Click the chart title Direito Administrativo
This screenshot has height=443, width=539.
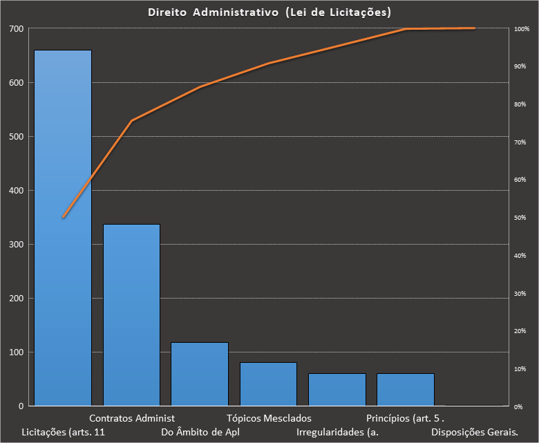pos(269,12)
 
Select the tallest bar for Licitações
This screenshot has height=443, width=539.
pos(63,228)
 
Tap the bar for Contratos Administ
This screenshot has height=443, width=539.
pos(131,314)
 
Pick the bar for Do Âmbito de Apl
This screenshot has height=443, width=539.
pos(200,374)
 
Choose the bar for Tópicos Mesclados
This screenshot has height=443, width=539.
pos(268,384)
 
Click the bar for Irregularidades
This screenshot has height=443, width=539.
pos(337,389)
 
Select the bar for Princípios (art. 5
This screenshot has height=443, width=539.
pos(405,389)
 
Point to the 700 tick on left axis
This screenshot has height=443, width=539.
pos(16,29)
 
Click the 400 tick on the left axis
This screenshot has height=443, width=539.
pos(16,191)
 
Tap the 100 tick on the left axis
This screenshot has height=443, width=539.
pos(16,352)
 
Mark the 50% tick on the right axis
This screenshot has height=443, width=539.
pos(520,218)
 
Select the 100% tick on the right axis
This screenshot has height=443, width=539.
pos(521,29)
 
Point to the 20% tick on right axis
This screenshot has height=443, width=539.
pos(520,331)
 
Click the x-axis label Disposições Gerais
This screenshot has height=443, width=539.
pos(474,433)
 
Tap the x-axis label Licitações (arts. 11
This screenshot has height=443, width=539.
pos(64,433)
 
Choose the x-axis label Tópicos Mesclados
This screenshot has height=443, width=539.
pos(269,418)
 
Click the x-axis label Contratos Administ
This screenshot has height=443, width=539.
pos(132,418)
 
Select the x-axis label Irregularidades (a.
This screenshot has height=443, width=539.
pos(337,433)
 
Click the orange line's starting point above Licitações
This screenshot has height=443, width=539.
pos(63,217)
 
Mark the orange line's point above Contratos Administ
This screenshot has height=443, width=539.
pos(131,121)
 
